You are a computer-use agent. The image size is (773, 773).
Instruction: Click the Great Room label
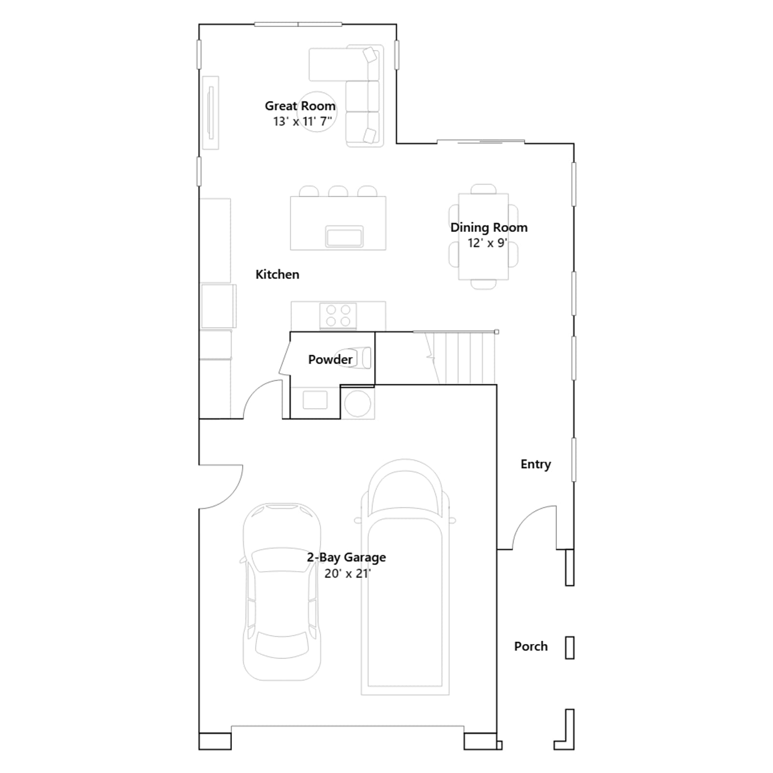[x=300, y=106]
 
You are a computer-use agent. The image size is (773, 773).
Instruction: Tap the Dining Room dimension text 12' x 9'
[x=487, y=243]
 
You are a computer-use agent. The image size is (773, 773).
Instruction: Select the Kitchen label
[x=277, y=274]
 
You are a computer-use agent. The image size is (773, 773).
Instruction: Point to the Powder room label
[x=330, y=359]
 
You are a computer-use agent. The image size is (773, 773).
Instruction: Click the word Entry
[x=536, y=464]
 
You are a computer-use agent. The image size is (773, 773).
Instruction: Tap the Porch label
[x=531, y=646]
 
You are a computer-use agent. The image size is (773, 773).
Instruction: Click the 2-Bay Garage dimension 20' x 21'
[x=347, y=573]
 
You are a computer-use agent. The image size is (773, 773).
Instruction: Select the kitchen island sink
[x=344, y=236]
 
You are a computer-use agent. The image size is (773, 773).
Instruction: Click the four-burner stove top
[x=338, y=316]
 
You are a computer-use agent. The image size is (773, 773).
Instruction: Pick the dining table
[x=483, y=237]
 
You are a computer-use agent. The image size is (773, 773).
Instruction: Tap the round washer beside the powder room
[x=358, y=402]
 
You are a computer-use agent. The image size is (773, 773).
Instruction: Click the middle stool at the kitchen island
[x=338, y=191]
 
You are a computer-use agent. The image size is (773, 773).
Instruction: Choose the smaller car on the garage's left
[x=282, y=592]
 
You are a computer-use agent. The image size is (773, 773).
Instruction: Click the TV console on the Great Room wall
[x=211, y=113]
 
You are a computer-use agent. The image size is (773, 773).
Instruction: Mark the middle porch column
[x=570, y=648]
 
